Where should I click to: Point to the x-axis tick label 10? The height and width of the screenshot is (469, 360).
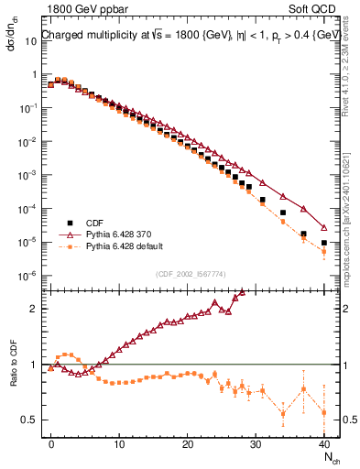[119, 443]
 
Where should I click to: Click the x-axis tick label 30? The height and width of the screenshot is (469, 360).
[256, 443]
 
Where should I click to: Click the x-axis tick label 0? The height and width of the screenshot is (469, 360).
[51, 443]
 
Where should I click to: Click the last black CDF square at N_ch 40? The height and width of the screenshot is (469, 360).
[324, 243]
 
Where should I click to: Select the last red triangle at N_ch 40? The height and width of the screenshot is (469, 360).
[324, 228]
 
